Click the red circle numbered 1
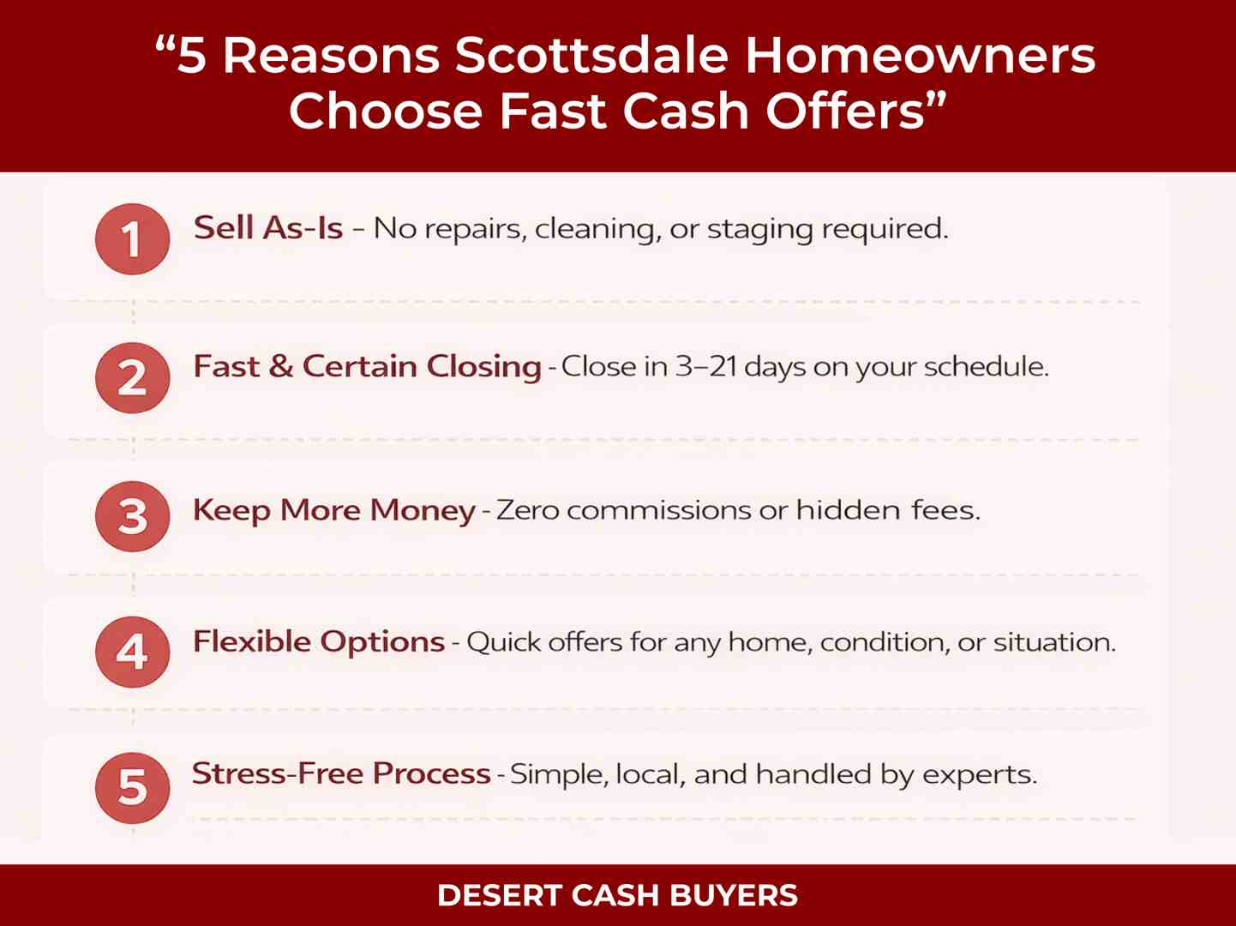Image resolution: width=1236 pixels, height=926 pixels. [x=132, y=239]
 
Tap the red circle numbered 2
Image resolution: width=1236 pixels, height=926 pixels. [x=132, y=377]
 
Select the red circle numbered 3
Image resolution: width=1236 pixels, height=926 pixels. [x=132, y=516]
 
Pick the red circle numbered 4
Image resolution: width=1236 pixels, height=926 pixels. [x=132, y=652]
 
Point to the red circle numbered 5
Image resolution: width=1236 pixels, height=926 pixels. [x=132, y=787]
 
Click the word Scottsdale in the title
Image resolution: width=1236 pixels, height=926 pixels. [x=591, y=56]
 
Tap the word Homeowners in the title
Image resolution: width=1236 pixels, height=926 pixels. [x=920, y=56]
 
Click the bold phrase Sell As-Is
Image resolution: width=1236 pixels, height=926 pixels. [x=267, y=228]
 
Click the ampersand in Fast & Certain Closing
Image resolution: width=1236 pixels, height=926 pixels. [x=280, y=367]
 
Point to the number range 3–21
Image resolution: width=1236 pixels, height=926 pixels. [x=705, y=367]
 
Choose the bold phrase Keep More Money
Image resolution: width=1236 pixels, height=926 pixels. [x=333, y=511]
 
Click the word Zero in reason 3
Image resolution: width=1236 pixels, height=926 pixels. [x=528, y=511]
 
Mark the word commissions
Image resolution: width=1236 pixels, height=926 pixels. [x=659, y=511]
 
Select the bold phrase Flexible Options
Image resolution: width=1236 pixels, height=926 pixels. [x=318, y=642]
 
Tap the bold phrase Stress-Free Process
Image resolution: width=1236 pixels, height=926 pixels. [x=340, y=774]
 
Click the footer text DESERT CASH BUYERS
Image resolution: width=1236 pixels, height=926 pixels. [x=617, y=896]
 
